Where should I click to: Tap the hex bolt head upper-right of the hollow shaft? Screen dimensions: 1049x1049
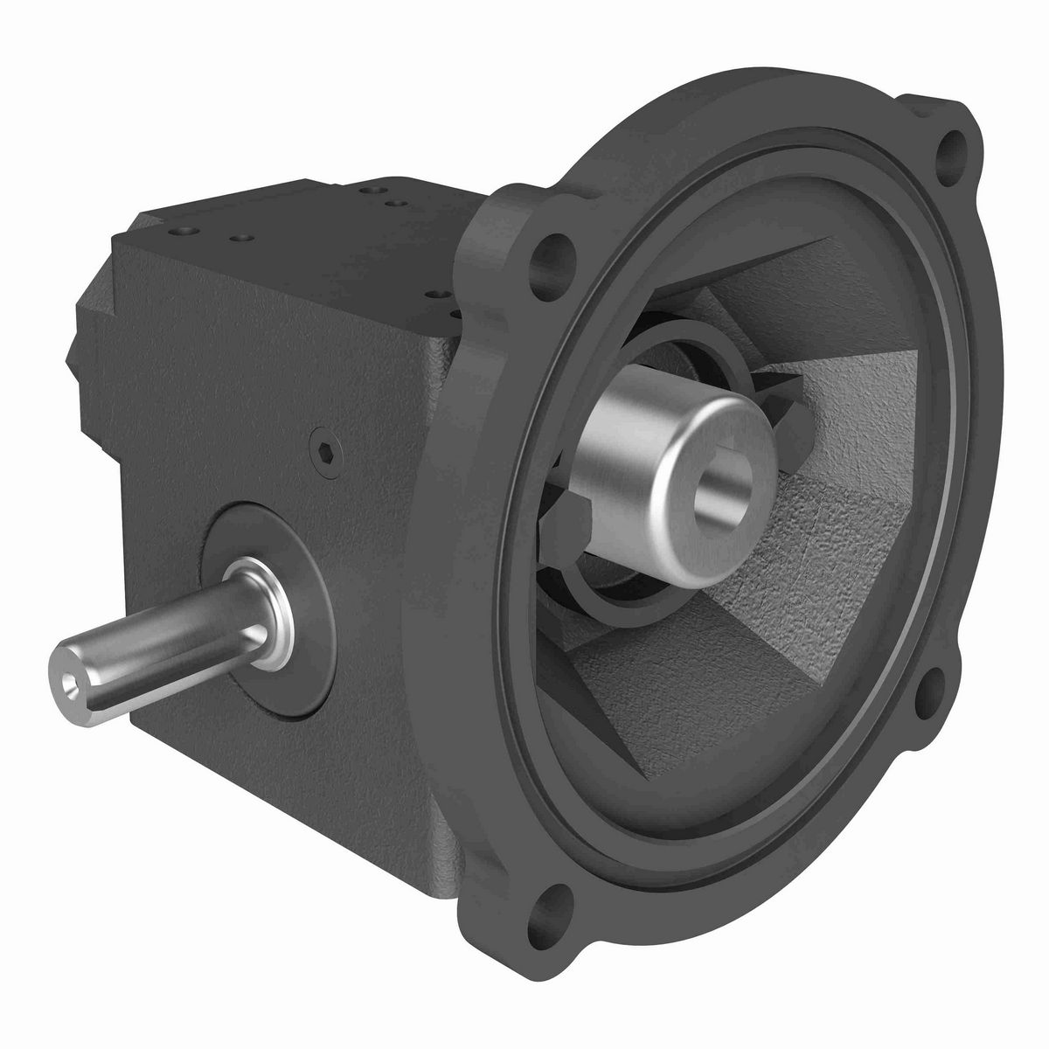click(x=787, y=398)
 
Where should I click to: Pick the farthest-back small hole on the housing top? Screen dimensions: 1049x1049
click(x=365, y=185)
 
